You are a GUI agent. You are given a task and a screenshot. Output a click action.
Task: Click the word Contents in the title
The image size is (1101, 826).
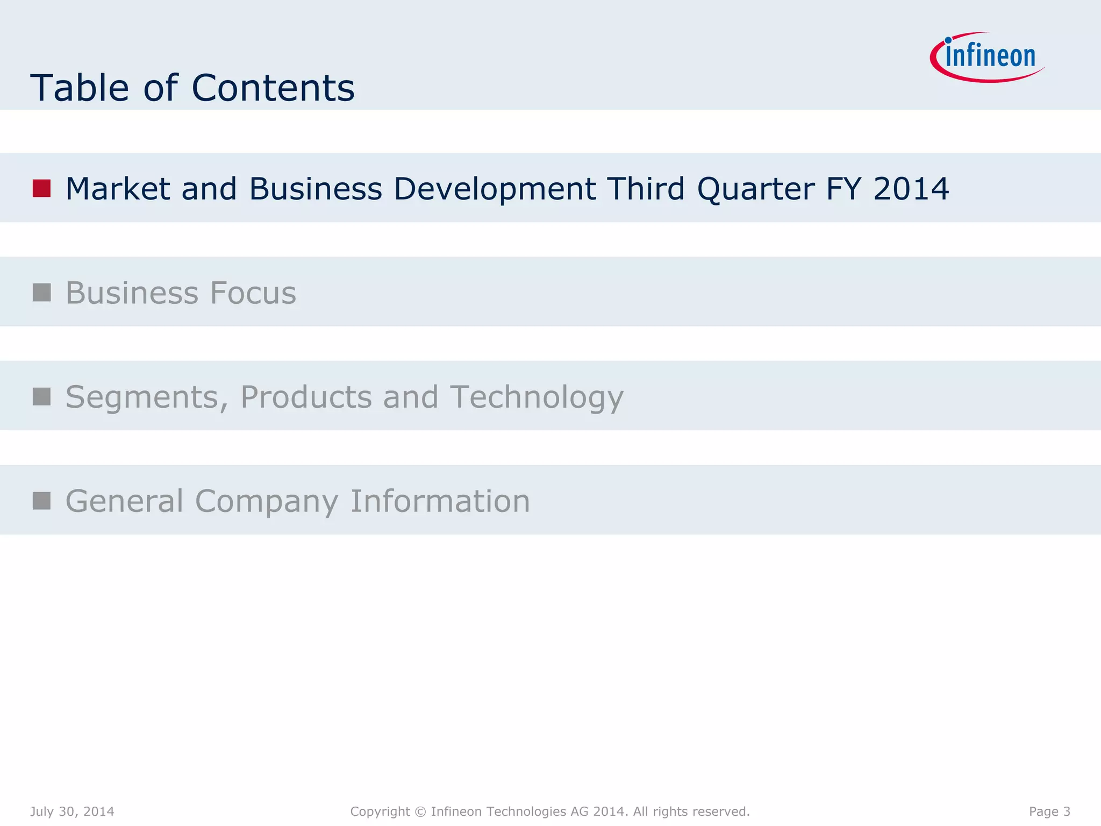[x=273, y=88]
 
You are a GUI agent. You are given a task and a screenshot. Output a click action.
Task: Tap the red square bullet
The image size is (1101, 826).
[x=41, y=188]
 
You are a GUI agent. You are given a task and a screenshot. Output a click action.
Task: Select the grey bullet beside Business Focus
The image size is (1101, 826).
[x=41, y=293]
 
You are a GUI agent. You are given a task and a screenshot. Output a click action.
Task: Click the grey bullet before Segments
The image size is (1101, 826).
[x=41, y=397]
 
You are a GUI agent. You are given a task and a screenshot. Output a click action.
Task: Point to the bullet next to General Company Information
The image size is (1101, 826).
[x=41, y=501]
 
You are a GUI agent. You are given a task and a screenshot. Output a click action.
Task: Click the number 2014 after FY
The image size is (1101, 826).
[x=911, y=189]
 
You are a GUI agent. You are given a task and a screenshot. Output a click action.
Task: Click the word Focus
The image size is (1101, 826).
[x=253, y=293]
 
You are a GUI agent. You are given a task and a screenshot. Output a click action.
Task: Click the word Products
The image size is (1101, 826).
[x=306, y=397]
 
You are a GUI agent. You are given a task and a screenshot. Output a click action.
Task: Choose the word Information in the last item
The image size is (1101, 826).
[x=440, y=501]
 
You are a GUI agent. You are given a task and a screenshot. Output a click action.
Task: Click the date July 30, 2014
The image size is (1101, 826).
[x=72, y=811]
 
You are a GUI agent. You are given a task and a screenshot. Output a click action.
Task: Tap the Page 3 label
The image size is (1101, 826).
[x=1049, y=811]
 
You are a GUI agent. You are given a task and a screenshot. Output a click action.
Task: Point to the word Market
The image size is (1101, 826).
[x=118, y=189]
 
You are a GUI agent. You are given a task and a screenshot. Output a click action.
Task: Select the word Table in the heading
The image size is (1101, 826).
[x=80, y=88]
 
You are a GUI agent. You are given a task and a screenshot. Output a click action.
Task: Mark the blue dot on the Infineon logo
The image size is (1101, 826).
[x=948, y=40]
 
